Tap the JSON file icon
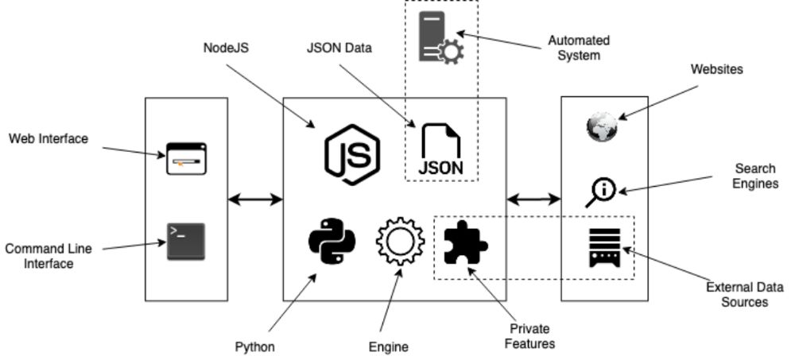440,149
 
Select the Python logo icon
332,241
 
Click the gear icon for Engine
400,242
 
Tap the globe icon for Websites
602,127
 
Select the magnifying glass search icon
601,192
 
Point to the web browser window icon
186,158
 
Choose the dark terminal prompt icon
185,242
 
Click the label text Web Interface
48,139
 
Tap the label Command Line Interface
48,256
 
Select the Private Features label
529,336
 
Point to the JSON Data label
339,48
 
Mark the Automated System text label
579,48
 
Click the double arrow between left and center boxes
255,199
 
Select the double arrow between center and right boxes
533,199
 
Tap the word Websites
717,69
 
